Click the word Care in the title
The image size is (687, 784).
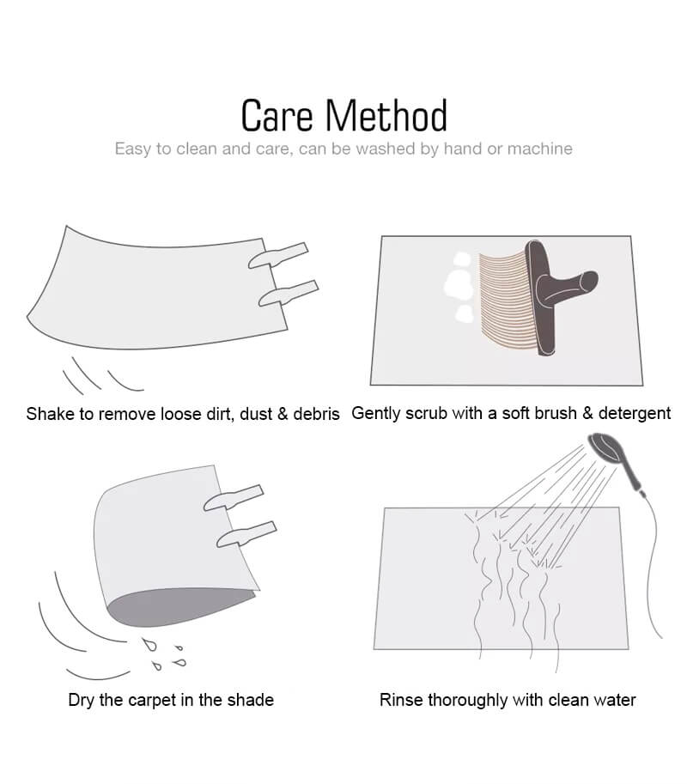[277, 116]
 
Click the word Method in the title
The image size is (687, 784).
[386, 116]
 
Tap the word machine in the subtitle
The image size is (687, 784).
[539, 149]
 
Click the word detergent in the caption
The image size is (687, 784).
[634, 414]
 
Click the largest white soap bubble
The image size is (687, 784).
[459, 285]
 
